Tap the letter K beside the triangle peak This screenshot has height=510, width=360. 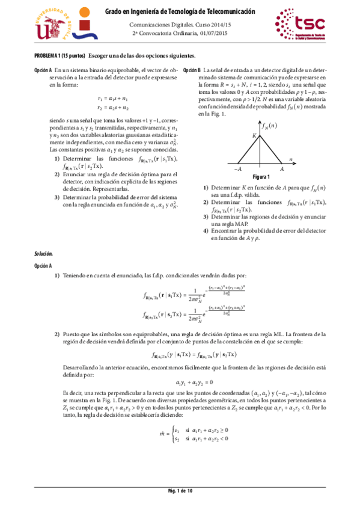[x=254, y=137]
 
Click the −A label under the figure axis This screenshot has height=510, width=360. [x=237, y=170]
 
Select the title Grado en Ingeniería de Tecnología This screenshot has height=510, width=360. [x=180, y=11]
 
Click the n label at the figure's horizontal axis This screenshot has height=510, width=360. [x=290, y=159]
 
